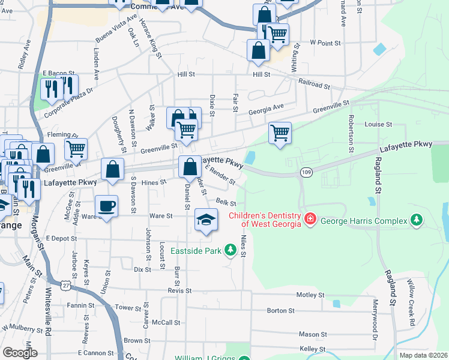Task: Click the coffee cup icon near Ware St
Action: click(x=106, y=206)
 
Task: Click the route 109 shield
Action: click(x=306, y=173)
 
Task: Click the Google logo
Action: click(x=20, y=353)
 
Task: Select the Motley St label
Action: click(x=310, y=295)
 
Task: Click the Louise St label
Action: click(x=378, y=125)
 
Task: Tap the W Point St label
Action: click(x=325, y=43)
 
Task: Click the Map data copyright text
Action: click(x=423, y=355)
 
